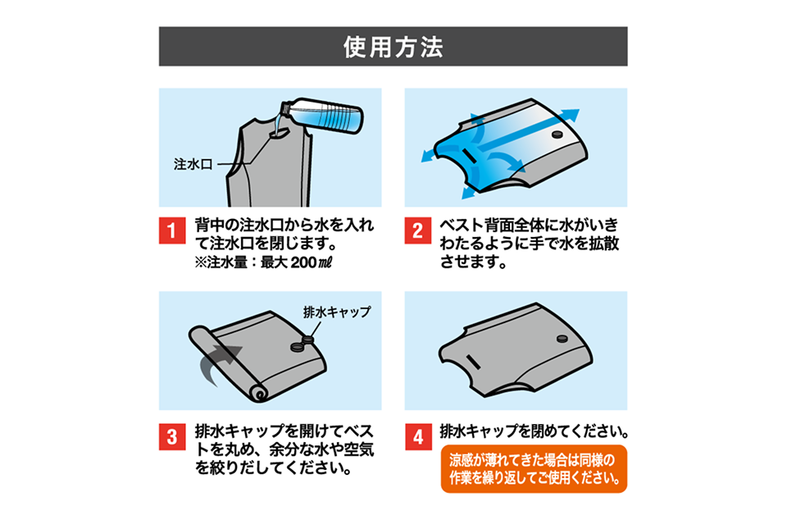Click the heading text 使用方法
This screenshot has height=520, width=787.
click(393, 47)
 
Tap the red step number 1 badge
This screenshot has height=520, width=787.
click(171, 232)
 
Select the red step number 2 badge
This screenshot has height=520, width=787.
click(416, 232)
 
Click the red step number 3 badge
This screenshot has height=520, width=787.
click(171, 436)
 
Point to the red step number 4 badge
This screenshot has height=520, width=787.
click(416, 436)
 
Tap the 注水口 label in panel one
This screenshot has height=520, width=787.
click(193, 164)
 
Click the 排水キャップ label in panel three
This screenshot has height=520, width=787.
click(337, 312)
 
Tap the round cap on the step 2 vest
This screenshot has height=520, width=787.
click(557, 133)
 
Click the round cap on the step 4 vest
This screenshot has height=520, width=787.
click(562, 339)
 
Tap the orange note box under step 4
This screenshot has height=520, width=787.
click(534, 468)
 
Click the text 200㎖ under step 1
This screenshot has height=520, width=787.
click(312, 262)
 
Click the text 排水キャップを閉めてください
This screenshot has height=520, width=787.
click(534, 430)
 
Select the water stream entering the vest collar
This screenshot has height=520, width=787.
click(276, 124)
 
